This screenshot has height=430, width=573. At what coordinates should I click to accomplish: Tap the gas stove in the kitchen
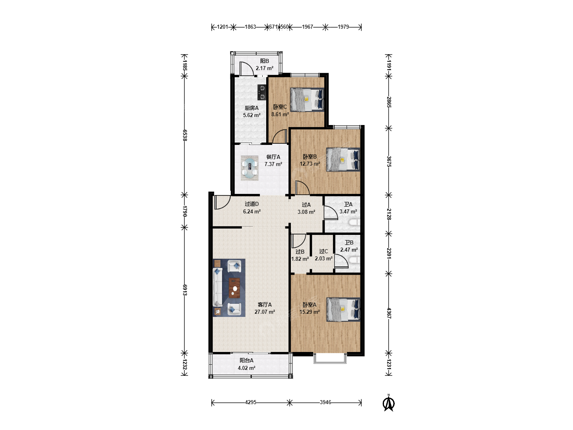(261, 92)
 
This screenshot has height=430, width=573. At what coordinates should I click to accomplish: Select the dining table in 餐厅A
(249, 168)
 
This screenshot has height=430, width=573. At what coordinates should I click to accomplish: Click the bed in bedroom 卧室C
(307, 100)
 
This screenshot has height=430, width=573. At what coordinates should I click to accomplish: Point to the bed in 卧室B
(343, 160)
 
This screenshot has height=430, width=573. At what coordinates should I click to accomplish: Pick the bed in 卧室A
(343, 309)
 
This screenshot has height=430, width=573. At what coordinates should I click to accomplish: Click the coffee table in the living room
(234, 288)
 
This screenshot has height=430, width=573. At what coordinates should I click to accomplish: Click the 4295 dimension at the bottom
(251, 402)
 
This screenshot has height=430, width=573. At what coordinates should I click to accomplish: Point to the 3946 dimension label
(325, 402)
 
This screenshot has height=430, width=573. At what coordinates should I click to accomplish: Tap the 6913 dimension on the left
(185, 290)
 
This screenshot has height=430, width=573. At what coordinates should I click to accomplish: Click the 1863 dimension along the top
(250, 27)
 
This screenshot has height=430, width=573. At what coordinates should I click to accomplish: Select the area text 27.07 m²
(265, 312)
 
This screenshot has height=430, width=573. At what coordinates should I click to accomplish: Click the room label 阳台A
(246, 360)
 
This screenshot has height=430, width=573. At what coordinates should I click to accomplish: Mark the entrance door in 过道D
(222, 202)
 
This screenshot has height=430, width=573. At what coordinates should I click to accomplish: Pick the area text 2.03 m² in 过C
(324, 258)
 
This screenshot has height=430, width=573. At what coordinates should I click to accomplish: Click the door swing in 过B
(299, 241)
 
